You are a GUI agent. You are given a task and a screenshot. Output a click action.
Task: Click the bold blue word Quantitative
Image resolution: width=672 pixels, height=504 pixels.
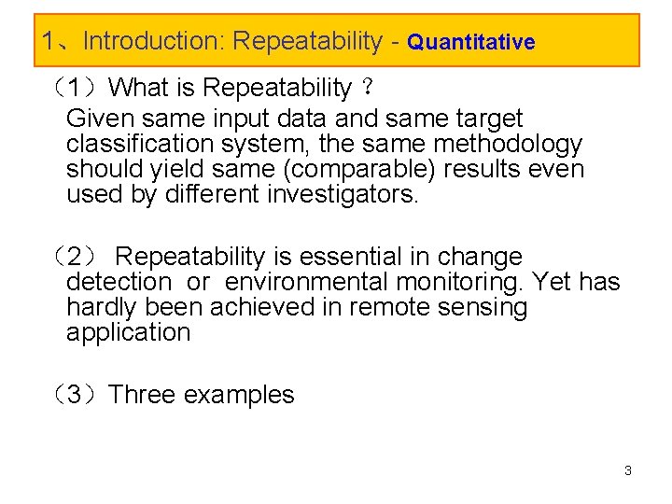(471, 42)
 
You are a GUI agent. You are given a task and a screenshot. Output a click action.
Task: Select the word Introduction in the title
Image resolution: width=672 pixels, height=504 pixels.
(149, 41)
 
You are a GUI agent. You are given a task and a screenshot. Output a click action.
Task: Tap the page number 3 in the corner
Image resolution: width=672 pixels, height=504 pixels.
(628, 470)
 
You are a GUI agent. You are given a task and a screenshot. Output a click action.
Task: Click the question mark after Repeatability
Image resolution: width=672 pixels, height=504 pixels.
(369, 89)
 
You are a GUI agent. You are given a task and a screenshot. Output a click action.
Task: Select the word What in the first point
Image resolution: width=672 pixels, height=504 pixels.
(137, 88)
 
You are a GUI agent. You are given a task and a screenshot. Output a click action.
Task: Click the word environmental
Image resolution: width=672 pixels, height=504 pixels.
(304, 282)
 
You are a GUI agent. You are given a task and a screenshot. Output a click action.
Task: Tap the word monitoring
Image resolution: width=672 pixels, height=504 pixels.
(457, 282)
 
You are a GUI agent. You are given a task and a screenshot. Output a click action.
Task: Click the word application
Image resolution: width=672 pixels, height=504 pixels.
(128, 332)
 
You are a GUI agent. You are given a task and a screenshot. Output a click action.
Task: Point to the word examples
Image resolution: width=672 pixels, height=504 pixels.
(239, 396)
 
